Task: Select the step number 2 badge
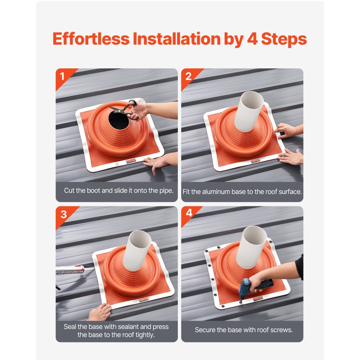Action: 188,76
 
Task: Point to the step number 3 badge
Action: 63,214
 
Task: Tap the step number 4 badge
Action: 189,213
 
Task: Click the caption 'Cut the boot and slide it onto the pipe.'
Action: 118,190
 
